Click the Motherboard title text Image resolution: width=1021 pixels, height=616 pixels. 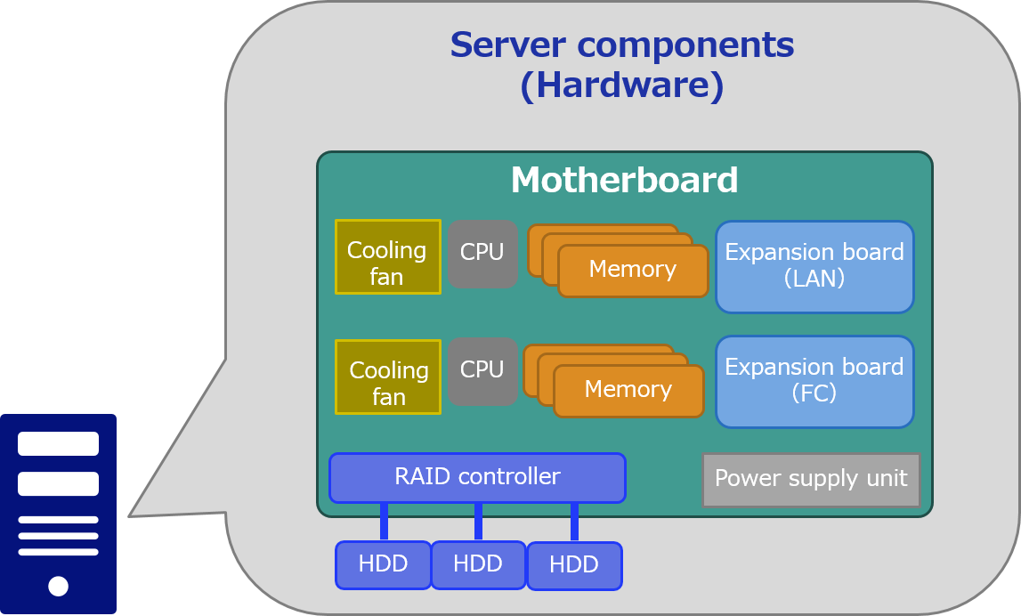point(624,181)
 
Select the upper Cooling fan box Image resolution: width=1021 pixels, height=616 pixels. point(387,256)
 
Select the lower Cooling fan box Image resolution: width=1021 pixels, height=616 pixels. point(387,377)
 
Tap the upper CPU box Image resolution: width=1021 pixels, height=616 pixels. point(482,254)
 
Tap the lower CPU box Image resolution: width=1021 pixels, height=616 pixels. point(482,371)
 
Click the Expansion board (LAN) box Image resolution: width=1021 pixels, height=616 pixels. point(814,267)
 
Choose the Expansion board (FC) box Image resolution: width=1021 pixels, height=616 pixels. point(814,381)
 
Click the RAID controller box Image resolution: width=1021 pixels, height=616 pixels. point(477,478)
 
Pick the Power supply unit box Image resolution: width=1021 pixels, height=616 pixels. point(811,480)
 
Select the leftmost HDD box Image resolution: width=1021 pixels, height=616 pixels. point(384,564)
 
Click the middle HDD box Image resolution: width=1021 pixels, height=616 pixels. point(478,564)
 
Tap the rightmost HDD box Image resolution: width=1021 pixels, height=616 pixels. point(574,565)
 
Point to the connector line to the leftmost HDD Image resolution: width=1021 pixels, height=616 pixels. point(384,522)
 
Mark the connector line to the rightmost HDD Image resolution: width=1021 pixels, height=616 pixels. point(574,523)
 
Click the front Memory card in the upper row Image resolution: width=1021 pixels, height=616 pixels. point(633,271)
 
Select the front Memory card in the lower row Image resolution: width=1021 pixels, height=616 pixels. point(628,391)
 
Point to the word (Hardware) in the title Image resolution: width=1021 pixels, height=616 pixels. point(621,86)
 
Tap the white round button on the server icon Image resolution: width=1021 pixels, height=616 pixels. point(58,586)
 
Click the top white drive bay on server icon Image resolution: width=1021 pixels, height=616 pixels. point(58,443)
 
